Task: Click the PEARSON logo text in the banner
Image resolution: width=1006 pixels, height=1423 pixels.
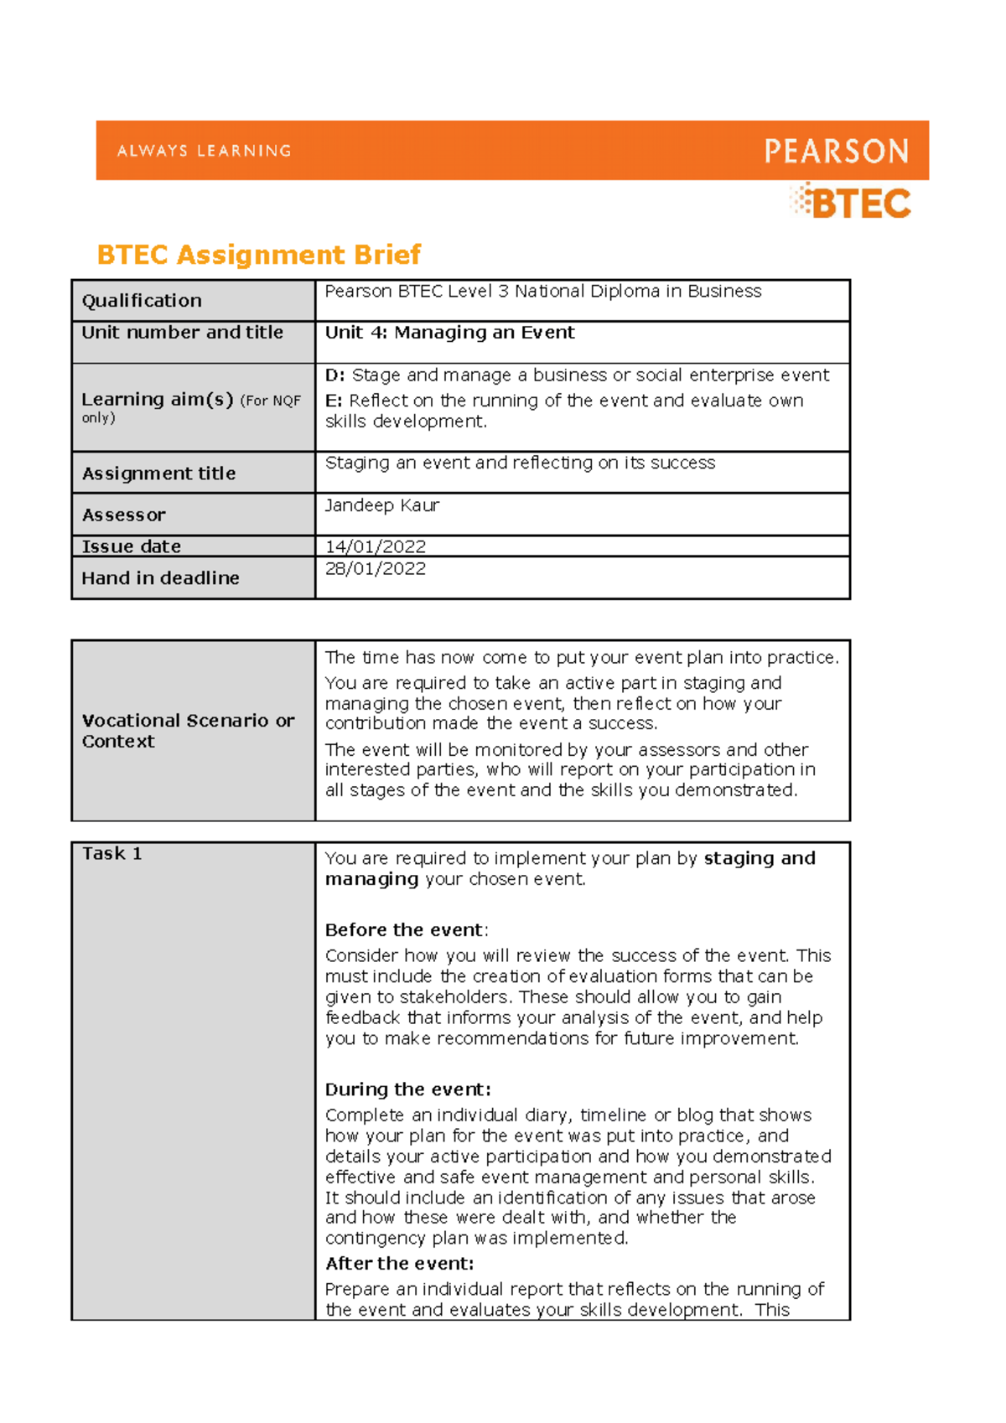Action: click(836, 152)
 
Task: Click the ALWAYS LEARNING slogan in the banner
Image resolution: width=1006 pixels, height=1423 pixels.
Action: click(204, 151)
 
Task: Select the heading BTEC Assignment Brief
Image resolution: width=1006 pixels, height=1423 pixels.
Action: click(258, 255)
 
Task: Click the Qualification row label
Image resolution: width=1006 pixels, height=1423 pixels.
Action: click(142, 301)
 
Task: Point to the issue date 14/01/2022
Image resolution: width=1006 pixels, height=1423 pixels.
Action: click(375, 546)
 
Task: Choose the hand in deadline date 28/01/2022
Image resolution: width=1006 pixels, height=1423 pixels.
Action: click(375, 569)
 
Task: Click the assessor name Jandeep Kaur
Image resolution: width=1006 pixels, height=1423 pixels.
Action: click(381, 505)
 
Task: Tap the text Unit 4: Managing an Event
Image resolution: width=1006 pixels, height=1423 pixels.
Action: click(449, 333)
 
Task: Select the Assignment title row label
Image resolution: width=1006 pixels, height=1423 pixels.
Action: click(158, 473)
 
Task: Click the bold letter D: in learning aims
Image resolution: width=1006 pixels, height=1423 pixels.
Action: click(334, 375)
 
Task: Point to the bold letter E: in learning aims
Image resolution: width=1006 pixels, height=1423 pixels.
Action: click(334, 401)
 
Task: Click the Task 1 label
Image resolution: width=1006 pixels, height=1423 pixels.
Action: click(111, 854)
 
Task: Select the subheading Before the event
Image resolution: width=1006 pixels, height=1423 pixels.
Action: click(405, 930)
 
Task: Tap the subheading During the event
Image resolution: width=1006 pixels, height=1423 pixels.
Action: click(407, 1089)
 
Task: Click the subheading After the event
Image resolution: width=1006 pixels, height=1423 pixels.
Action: click(399, 1264)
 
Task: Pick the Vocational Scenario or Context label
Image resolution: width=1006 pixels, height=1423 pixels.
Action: click(188, 731)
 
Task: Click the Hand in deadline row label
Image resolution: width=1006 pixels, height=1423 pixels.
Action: click(160, 578)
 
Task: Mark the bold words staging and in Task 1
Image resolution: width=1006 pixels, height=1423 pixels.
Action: click(759, 858)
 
